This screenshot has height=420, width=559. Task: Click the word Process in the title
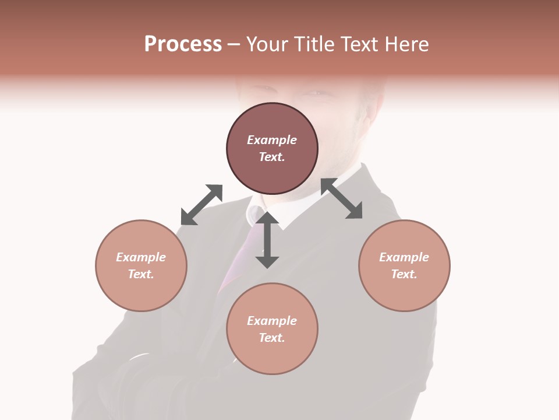point(183,44)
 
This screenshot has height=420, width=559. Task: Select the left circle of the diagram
point(141,265)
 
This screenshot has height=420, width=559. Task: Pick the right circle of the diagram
point(404,265)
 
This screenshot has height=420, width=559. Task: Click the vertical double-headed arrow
point(267,240)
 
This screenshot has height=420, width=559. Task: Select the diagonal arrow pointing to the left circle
point(201,205)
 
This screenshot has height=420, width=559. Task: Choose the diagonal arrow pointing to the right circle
point(341,199)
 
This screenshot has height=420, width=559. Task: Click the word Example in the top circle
point(272,140)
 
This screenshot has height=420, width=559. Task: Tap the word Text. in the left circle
point(141,274)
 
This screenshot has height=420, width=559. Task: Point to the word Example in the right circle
point(404,257)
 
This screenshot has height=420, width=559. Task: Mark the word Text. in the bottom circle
point(272,338)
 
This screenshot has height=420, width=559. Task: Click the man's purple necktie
point(239,257)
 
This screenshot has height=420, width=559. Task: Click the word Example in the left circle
point(141,257)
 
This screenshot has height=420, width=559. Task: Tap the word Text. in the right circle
point(404,274)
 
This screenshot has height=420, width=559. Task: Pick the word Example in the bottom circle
point(272,321)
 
